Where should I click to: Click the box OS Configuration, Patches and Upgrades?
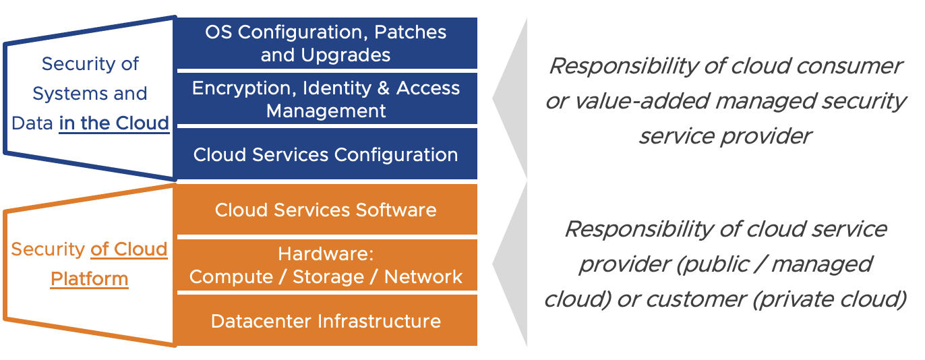tap(326, 43)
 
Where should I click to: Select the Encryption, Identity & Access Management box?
tap(326, 98)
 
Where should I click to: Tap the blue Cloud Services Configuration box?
tap(326, 154)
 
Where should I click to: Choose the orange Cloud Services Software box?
tap(326, 210)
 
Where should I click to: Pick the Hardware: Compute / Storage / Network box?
tap(326, 266)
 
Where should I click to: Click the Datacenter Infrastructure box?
tap(326, 321)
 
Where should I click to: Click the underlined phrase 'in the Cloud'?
tap(114, 123)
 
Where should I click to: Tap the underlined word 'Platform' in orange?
tap(89, 278)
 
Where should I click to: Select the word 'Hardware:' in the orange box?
tap(326, 255)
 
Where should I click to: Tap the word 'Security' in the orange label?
tap(48, 249)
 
